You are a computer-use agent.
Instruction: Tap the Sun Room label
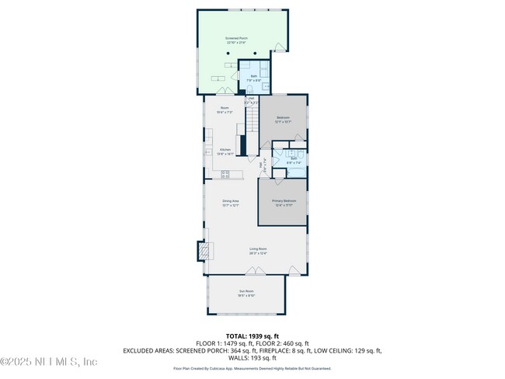[x=246, y=294]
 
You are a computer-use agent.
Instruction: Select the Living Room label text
[x=257, y=251]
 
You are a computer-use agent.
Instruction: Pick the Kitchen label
[x=225, y=151]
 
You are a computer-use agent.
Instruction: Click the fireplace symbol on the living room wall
[x=203, y=251]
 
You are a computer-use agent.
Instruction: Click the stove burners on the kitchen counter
[x=225, y=175]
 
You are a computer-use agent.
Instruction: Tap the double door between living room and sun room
[x=252, y=271]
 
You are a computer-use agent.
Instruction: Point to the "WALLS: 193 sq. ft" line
[x=252, y=358]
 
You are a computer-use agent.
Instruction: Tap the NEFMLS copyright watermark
[x=49, y=362]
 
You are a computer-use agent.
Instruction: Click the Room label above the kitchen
[x=225, y=110]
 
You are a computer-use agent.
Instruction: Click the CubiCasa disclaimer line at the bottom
[x=252, y=369]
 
